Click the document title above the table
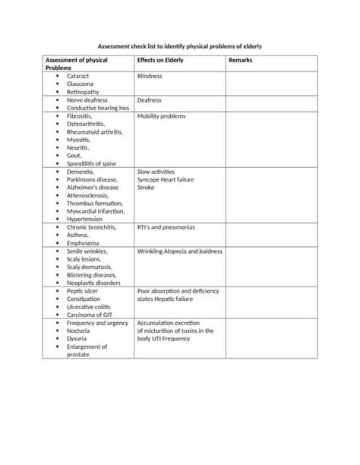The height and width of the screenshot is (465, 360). pos(181,46)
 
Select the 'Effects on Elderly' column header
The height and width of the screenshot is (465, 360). pos(160,60)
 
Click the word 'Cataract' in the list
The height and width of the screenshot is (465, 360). pos(78,77)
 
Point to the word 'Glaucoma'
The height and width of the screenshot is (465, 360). pos(80,84)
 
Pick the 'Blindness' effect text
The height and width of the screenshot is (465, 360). pos(150,77)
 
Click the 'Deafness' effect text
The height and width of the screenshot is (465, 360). pos(149,100)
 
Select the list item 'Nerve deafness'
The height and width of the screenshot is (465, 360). pos(87,100)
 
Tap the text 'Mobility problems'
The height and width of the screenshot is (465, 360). pos(161,116)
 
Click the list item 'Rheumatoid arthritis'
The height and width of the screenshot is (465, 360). pos(95,131)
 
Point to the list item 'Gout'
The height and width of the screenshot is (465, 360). pos(74,155)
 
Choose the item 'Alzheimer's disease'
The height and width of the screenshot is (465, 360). pos(93,187)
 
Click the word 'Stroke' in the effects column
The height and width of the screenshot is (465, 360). pos(146,187)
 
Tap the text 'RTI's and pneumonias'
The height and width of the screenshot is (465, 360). pos(166,227)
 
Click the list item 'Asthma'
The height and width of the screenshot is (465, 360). pos(77,235)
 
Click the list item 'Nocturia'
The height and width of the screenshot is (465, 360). pos(80,331)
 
